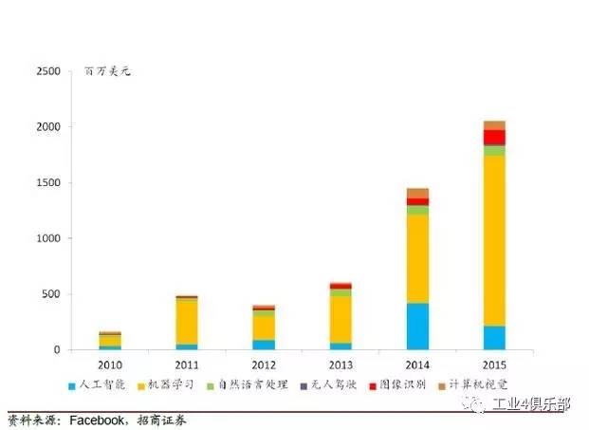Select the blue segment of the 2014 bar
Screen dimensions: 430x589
(x=417, y=326)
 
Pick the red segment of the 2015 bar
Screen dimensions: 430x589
(x=494, y=137)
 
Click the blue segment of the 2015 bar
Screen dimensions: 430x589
(x=494, y=337)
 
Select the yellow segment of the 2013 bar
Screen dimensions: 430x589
(x=341, y=319)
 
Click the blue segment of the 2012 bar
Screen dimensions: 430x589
(x=264, y=345)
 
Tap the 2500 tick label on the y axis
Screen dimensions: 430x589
(x=47, y=71)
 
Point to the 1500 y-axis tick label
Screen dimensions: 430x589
(x=47, y=182)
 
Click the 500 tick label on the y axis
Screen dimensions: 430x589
(x=51, y=294)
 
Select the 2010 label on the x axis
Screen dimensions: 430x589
(x=110, y=365)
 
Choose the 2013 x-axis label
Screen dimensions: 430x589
(x=341, y=365)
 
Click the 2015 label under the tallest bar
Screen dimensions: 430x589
(x=494, y=365)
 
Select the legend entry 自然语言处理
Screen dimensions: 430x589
(x=249, y=386)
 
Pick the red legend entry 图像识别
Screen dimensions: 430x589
(x=400, y=386)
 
